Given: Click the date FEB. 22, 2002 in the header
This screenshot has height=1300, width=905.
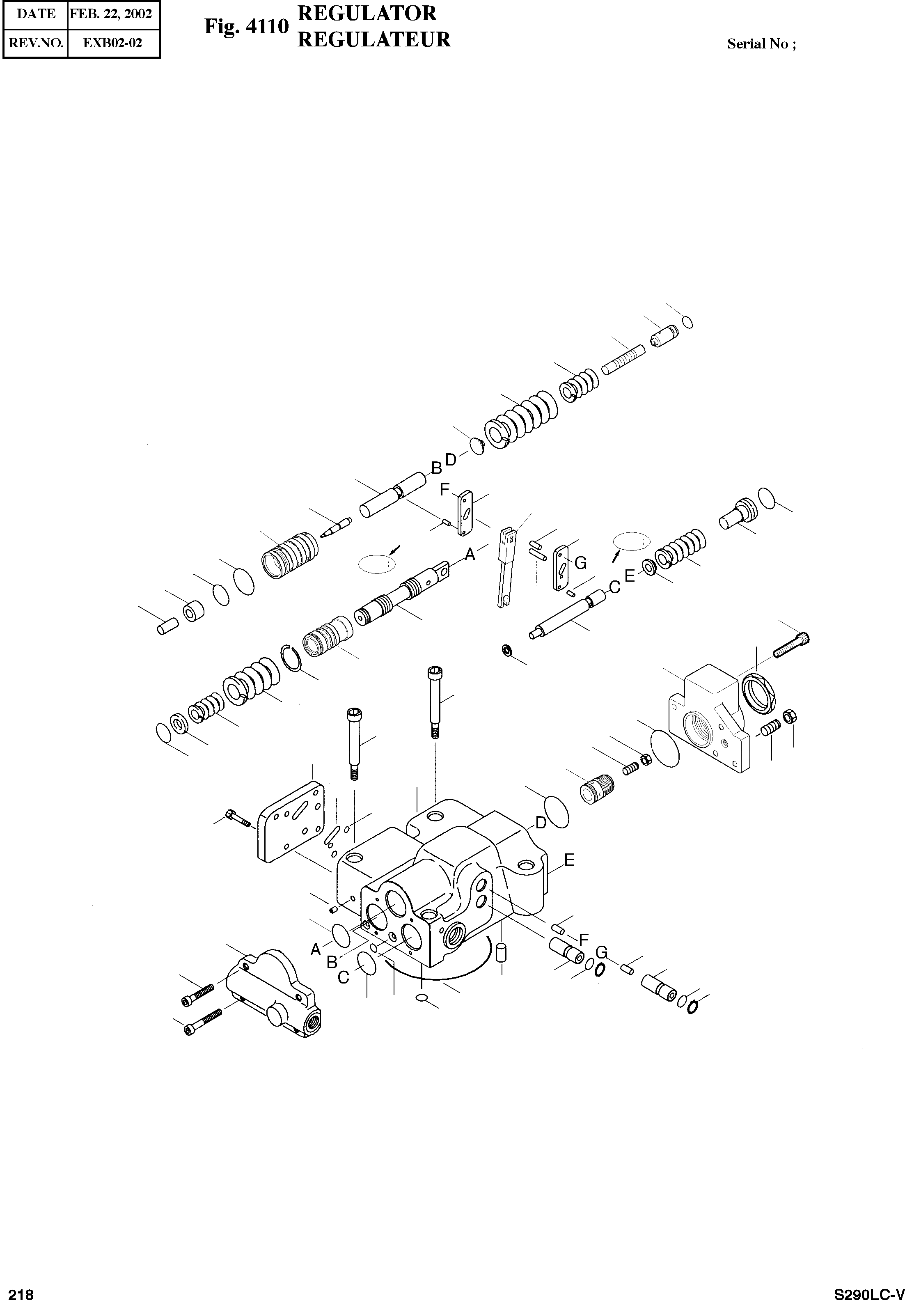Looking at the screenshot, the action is pos(110,14).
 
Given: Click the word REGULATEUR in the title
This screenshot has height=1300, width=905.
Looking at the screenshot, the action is pos(373,40).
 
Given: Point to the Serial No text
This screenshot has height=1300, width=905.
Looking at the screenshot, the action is pos(761,44).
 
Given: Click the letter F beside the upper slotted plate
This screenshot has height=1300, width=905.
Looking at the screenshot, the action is pos(445,489).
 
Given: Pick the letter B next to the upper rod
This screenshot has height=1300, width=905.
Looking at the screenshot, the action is pos(436,468).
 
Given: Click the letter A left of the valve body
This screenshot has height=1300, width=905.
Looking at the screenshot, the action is pos(316,949).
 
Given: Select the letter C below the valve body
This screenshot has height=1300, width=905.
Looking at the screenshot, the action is pos(344,978).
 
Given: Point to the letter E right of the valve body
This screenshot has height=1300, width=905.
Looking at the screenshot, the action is pos(569,876).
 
